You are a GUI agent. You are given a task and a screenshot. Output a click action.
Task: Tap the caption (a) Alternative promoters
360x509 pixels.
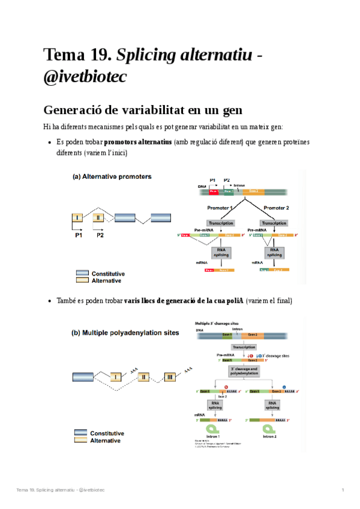click(112, 176)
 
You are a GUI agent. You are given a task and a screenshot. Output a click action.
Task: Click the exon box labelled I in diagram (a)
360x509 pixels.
click(78, 217)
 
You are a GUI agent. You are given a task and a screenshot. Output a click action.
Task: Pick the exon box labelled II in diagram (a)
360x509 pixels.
click(98, 217)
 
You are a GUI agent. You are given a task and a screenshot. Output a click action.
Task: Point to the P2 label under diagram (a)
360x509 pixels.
click(101, 236)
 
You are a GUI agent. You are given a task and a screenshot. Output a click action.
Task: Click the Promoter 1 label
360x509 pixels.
click(220, 208)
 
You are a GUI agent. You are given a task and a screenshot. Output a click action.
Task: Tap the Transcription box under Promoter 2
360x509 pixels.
click(274, 223)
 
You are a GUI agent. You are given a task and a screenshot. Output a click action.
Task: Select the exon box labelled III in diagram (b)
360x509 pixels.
click(171, 376)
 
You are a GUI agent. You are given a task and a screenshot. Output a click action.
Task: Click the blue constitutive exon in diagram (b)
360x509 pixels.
click(84, 377)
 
